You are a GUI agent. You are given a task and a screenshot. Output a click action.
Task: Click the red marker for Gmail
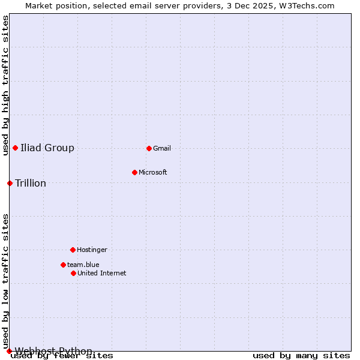coord(149,148)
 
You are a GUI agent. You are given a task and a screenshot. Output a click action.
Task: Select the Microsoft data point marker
coord(134,172)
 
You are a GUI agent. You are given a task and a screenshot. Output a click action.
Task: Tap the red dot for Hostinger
coord(73,250)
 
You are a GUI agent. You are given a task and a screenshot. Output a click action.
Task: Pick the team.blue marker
coord(63,265)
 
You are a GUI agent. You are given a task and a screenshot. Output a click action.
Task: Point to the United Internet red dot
coord(73,273)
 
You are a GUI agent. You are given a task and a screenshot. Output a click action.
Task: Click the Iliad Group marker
coord(15,148)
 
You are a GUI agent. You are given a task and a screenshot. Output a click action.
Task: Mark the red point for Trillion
coord(10,183)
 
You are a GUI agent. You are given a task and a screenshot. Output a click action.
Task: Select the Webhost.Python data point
coord(9,351)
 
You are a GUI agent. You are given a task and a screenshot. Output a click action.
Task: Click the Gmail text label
coord(162,149)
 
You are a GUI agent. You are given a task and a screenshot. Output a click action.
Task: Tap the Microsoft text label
coord(153,173)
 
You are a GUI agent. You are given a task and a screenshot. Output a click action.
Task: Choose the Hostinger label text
coord(92,250)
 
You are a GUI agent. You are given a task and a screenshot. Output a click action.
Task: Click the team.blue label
coord(83,265)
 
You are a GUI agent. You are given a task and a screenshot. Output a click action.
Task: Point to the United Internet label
coord(102,274)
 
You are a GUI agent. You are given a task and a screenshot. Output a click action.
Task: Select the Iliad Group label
coord(47,148)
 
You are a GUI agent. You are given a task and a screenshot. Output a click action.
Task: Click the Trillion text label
coord(31,184)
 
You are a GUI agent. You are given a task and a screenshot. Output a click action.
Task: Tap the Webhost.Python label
coord(54,352)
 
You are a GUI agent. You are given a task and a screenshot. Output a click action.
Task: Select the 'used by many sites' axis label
coord(301,356)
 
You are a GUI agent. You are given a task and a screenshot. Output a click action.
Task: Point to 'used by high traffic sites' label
coord(6,86)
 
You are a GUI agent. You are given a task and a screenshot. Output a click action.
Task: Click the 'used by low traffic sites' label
coord(6,281)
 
